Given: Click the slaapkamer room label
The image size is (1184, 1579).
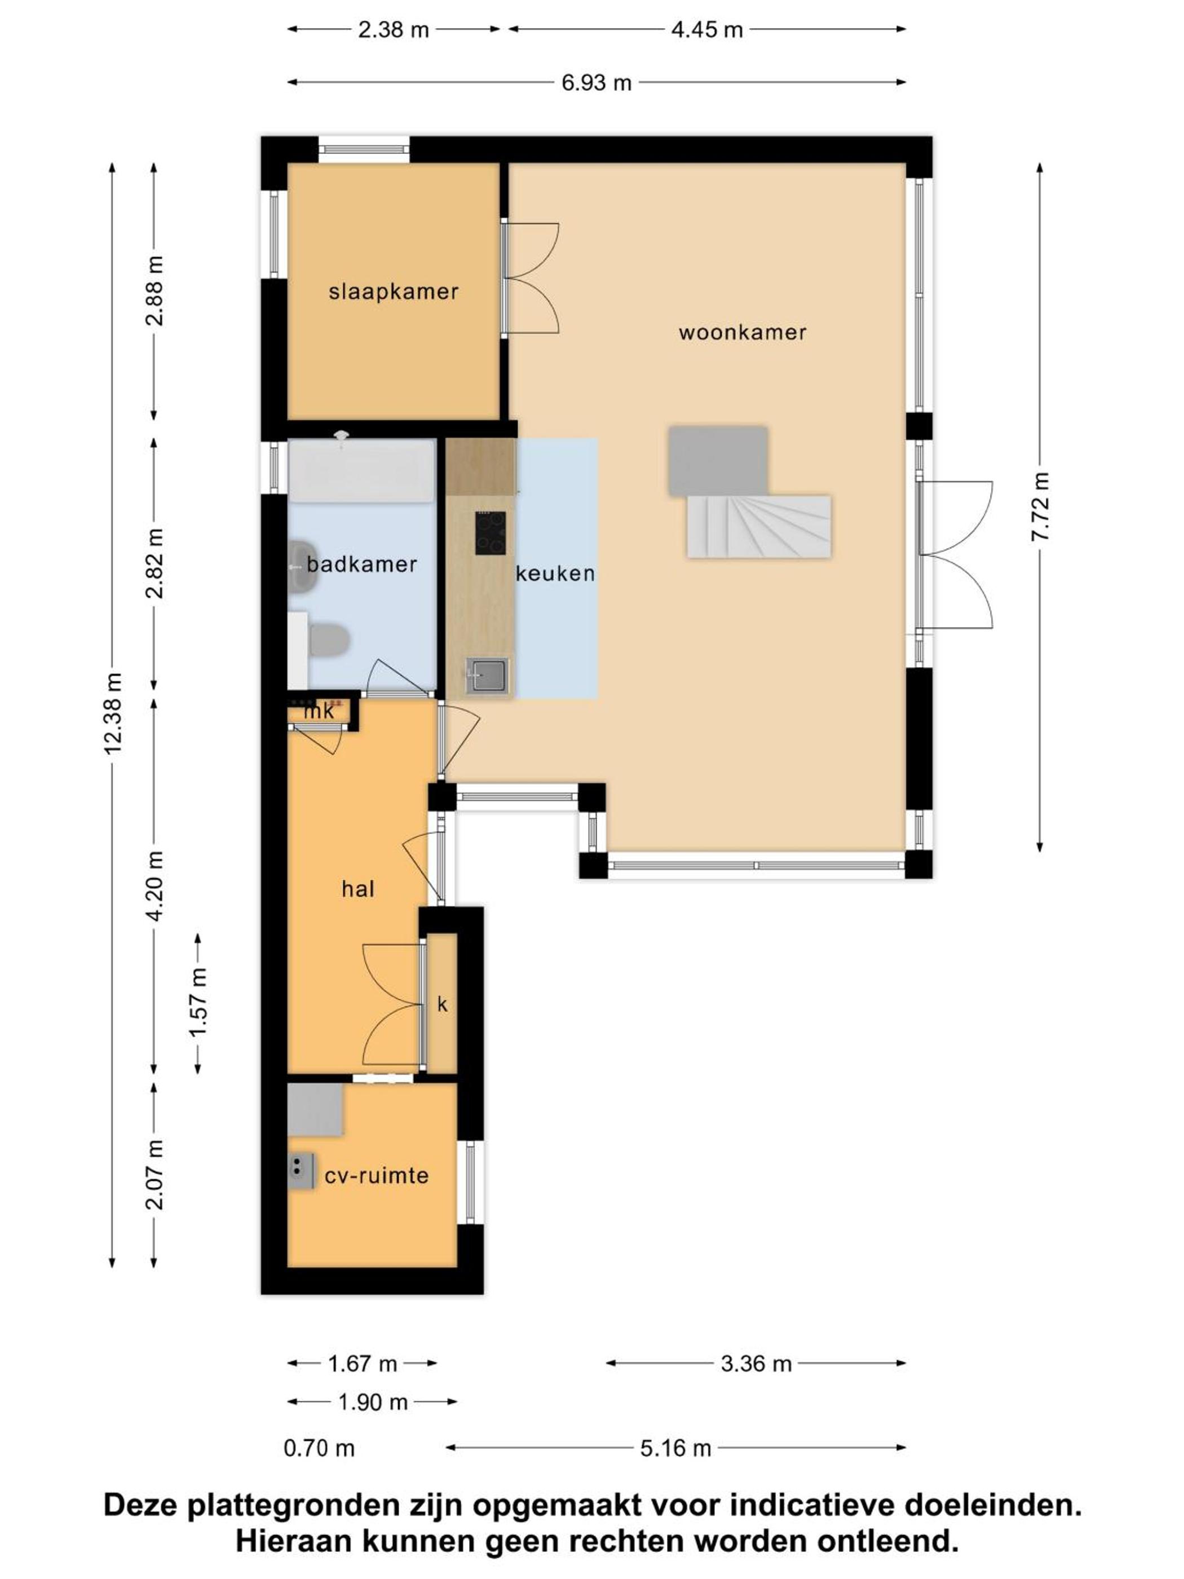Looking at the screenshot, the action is click(393, 292).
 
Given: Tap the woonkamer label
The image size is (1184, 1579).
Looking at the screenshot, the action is click(742, 333).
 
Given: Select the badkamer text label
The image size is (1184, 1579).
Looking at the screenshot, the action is click(362, 564).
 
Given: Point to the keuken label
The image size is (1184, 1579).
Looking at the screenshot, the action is click(555, 573).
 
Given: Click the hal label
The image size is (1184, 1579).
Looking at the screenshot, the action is click(358, 889).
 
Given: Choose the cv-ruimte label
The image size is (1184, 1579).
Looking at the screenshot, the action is click(377, 1176).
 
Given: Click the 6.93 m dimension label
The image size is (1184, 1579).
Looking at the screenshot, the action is click(597, 83).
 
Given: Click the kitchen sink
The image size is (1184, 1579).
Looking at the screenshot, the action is click(488, 675).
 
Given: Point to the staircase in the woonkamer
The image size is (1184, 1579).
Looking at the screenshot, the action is click(759, 527).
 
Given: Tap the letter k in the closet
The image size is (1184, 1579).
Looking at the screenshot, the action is click(443, 1004).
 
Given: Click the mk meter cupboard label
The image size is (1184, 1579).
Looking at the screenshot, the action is click(319, 711).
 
